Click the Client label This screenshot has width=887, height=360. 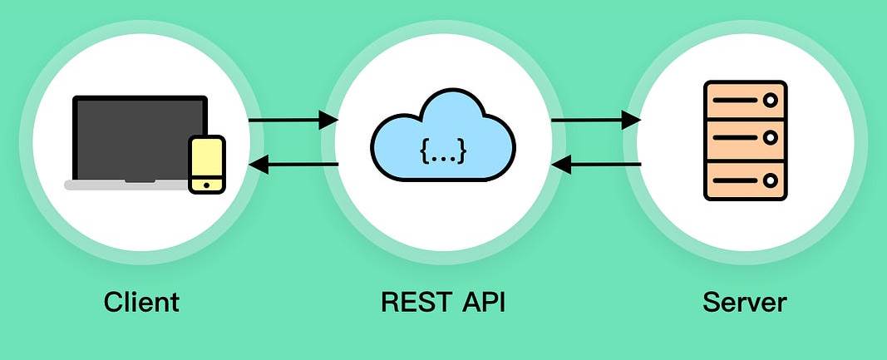pos(141,301)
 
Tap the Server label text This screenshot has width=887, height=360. pos(744,301)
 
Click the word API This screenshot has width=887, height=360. pos(482,301)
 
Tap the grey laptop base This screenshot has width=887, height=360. pos(125,185)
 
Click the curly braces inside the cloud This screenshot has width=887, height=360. pos(443,150)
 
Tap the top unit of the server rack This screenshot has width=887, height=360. pos(744,101)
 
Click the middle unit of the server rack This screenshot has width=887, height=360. pos(744,140)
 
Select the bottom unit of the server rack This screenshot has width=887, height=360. pos(744,179)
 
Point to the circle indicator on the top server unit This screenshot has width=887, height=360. pos(771,101)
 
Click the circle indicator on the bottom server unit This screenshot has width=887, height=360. pos(771,179)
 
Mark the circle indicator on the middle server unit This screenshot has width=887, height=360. pos(771,140)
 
